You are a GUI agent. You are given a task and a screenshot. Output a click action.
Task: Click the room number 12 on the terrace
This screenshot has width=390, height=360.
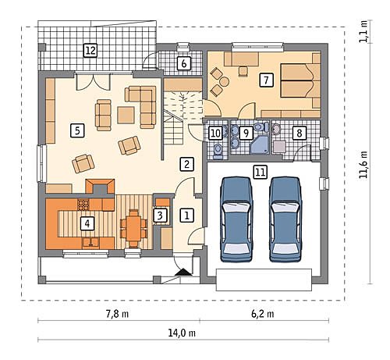[90, 51]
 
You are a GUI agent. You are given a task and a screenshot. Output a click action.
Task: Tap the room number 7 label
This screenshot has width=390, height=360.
[266, 80]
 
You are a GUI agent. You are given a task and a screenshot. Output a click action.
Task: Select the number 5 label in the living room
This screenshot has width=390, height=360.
[77, 130]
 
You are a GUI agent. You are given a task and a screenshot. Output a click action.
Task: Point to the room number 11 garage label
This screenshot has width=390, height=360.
[261, 172]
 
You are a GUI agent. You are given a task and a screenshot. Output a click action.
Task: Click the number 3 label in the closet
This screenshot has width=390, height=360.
[160, 216]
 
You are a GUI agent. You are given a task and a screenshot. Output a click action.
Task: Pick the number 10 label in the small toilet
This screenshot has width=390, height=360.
[215, 134]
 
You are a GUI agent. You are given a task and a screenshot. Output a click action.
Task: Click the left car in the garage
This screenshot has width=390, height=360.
[236, 219]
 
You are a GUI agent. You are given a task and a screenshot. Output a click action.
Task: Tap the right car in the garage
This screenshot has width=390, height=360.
[285, 219]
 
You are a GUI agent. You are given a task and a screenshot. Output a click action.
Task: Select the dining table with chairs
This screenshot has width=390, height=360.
[133, 228]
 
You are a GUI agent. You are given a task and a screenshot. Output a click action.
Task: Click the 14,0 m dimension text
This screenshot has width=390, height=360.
[182, 333]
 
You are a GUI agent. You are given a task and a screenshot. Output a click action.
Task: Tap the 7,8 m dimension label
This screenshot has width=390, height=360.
[117, 314]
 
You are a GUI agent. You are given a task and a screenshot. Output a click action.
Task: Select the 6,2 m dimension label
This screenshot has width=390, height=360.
[262, 314]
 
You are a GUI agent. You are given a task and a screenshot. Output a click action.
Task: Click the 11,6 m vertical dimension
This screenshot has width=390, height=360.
[363, 165]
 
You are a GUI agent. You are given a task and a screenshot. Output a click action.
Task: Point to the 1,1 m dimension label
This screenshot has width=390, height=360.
[363, 31]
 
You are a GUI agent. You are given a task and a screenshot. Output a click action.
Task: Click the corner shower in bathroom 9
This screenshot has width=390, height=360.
[260, 144]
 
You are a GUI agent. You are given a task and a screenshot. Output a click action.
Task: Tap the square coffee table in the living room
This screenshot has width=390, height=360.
[126, 115]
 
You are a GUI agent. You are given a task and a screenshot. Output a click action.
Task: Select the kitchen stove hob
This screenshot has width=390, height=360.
[83, 205]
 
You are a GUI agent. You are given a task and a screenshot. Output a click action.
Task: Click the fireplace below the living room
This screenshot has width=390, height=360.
[100, 187]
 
